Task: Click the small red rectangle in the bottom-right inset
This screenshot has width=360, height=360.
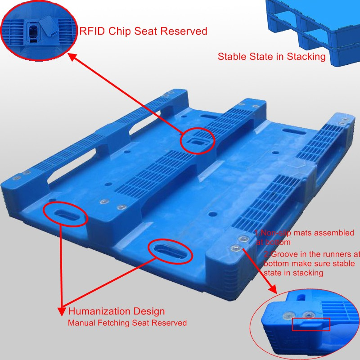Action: (311, 324)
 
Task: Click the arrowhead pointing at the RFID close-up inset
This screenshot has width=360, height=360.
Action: (72, 57)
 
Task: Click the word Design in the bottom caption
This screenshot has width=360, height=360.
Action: (149, 311)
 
